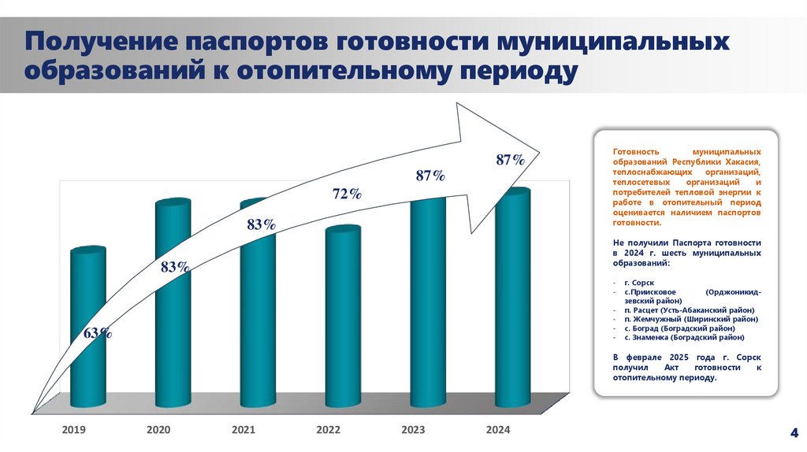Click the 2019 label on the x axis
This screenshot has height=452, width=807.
[x=74, y=430]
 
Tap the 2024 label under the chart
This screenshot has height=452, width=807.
[x=498, y=430]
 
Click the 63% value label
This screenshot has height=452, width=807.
[x=97, y=333]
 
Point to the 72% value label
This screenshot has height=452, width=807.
[x=347, y=195]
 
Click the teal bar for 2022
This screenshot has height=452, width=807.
[x=343, y=315]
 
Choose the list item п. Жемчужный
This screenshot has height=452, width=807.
[x=690, y=320]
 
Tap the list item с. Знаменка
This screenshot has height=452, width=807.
[x=684, y=338]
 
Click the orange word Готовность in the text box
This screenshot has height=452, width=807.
[x=635, y=150]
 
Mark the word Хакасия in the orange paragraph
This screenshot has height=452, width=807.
[x=740, y=160]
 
